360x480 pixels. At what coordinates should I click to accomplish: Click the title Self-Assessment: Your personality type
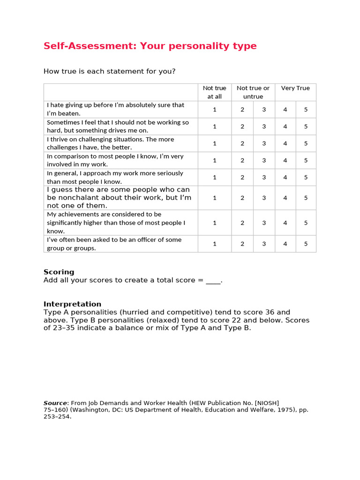150,46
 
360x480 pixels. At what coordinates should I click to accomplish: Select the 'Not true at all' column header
214,92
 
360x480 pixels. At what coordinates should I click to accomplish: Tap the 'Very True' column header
295,88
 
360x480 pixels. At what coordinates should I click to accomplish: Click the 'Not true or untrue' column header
253,92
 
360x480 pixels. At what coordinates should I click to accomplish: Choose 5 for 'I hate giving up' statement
306,109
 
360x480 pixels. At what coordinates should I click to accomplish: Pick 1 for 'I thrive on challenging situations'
215,143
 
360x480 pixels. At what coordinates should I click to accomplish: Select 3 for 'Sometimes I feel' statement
264,126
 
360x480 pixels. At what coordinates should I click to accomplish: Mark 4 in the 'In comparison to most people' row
285,160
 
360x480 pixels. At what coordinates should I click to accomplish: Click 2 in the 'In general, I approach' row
242,177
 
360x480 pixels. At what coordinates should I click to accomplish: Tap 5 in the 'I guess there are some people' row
306,198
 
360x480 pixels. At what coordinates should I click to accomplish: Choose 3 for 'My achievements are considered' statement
264,223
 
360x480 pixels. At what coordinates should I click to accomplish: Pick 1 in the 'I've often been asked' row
215,244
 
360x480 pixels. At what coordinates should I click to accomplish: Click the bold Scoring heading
59,272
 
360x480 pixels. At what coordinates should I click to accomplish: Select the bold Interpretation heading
72,304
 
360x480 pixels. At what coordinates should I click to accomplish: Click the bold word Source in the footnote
55,403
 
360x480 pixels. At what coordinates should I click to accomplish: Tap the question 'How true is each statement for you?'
110,71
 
